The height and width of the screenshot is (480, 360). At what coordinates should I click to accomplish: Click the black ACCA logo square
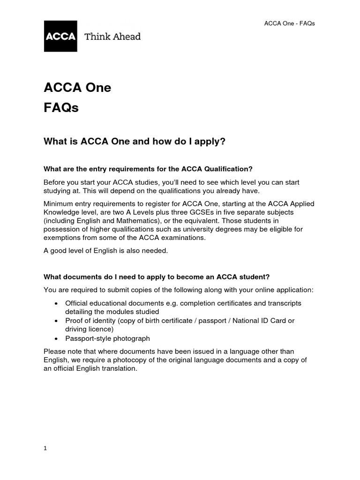tap(60, 36)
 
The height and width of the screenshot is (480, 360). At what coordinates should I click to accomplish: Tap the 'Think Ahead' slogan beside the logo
tap(112, 36)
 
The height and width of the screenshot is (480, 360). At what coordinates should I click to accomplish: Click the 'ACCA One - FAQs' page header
tap(290, 23)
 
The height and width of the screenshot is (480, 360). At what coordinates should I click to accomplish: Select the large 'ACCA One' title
tap(77, 88)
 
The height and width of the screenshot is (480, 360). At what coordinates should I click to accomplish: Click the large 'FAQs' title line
tap(61, 108)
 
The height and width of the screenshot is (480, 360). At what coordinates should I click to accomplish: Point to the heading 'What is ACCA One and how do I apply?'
tap(135, 141)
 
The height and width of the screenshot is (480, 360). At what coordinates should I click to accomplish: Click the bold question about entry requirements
tap(151, 169)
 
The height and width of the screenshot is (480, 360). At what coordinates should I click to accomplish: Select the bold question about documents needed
tap(157, 277)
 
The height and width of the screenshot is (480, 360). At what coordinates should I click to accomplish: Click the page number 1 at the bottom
tap(45, 448)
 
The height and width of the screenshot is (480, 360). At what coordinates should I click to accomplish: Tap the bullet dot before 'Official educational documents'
tap(56, 303)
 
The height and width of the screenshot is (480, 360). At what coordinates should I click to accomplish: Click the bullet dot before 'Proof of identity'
tap(56, 321)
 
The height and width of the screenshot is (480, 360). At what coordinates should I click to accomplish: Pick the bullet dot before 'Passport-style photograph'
tap(56, 338)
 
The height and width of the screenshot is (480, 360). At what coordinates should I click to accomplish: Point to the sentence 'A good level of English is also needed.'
tap(105, 251)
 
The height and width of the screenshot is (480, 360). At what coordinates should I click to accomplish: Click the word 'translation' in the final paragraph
tap(117, 368)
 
